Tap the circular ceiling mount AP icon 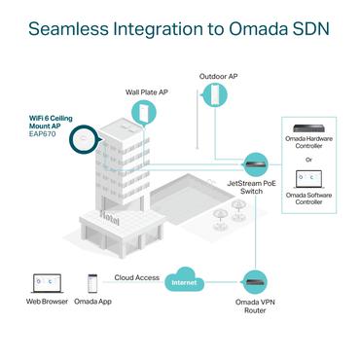84,141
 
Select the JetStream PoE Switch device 255,162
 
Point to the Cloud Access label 136,277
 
